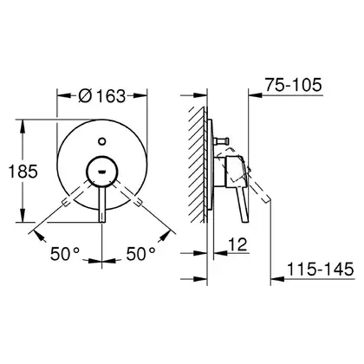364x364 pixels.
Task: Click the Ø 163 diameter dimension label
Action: (102, 95)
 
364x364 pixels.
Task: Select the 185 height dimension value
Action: (23, 171)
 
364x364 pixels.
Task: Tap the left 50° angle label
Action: (65, 254)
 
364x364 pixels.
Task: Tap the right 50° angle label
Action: (141, 254)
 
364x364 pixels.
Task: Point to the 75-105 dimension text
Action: (294, 85)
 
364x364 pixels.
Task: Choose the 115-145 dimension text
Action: (321, 270)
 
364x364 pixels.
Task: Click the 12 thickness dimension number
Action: (238, 244)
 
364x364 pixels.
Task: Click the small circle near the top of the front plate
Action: (102, 141)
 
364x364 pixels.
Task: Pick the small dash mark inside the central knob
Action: (102, 172)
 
